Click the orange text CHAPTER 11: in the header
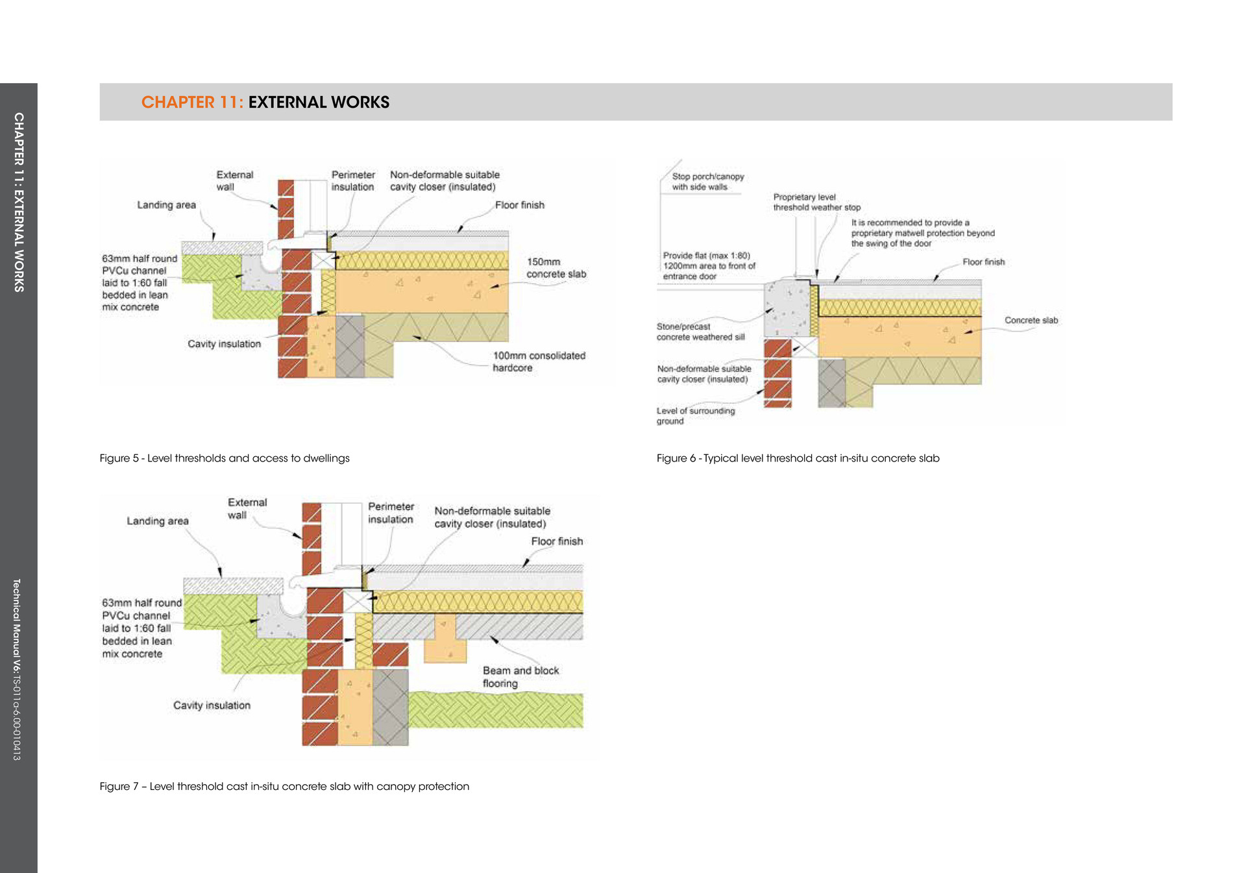(192, 102)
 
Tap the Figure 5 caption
(225, 458)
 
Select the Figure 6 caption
(798, 458)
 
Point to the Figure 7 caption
(284, 787)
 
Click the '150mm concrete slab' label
(556, 268)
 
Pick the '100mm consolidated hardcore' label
(539, 362)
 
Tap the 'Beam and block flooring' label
(520, 677)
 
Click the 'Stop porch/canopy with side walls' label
(708, 182)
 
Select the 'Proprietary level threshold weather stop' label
(816, 203)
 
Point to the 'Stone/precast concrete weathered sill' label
(700, 332)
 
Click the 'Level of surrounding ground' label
(696, 416)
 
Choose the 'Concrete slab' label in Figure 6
(1031, 320)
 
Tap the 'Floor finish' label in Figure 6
(984, 262)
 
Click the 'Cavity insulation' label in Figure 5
(224, 344)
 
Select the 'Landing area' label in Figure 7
(158, 521)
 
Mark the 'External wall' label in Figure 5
(234, 180)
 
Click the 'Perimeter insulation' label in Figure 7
(391, 513)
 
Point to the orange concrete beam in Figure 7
(445, 638)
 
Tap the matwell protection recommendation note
(923, 233)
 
